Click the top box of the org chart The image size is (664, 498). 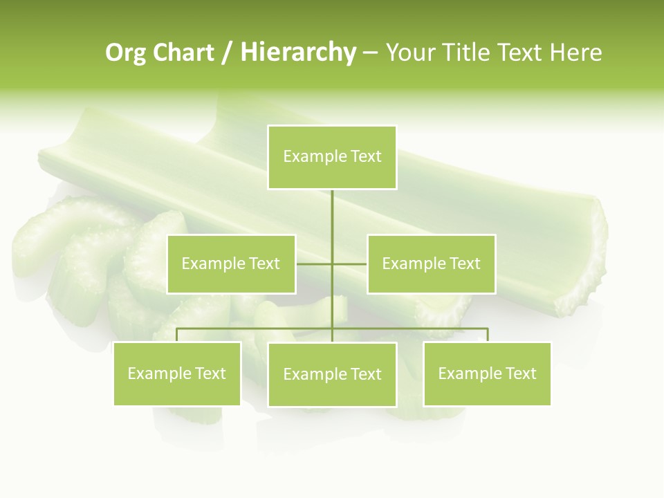pos(332,157)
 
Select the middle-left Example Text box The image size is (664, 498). pos(231,264)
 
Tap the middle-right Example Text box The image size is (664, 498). pos(431,264)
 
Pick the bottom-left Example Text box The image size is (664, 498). pos(177,373)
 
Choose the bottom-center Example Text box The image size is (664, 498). pos(332,374)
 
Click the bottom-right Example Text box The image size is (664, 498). pos(487,373)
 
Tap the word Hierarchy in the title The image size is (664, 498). pos(298,53)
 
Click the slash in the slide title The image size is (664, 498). pos(228,53)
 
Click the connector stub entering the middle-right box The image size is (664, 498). pos(351,264)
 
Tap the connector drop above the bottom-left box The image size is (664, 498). pos(177,335)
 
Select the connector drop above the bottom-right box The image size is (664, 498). pos(487,335)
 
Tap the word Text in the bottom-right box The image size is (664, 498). pos(520,373)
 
